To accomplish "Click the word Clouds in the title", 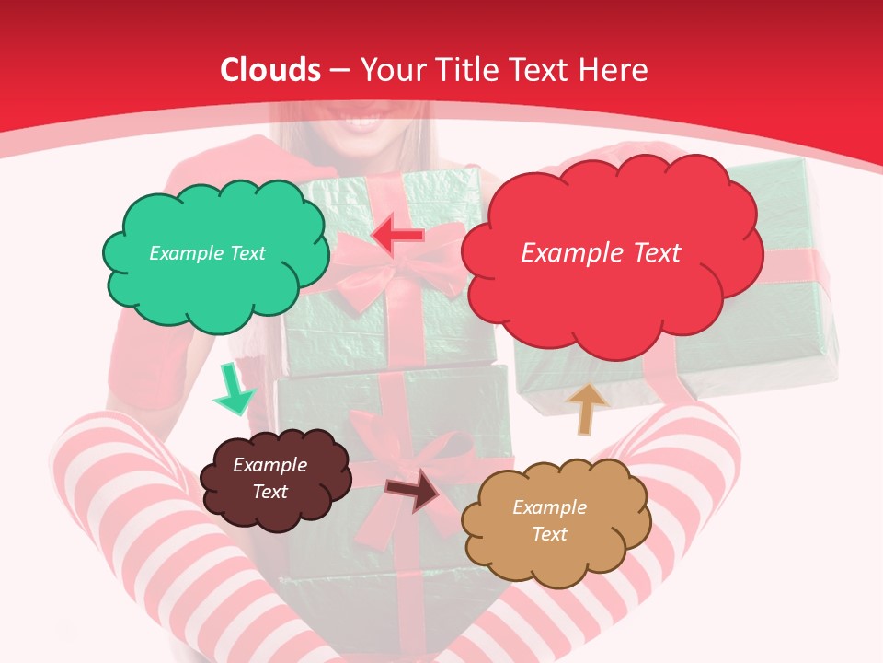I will (270, 70).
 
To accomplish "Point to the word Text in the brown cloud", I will (270, 492).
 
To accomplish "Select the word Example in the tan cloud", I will (549, 507).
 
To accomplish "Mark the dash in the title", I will (340, 70).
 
